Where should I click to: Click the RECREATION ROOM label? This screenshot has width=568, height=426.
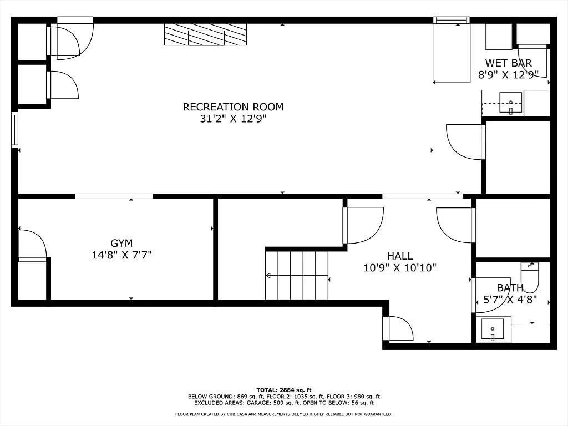click(x=233, y=107)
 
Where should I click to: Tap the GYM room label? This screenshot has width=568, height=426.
click(x=121, y=243)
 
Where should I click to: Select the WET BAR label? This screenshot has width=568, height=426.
click(x=508, y=63)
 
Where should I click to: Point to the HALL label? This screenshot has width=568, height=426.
click(x=399, y=256)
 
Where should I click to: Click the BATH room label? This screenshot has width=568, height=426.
click(x=510, y=288)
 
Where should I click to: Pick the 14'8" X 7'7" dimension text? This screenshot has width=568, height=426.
click(x=121, y=255)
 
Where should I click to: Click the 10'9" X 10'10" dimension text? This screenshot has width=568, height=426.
click(x=399, y=268)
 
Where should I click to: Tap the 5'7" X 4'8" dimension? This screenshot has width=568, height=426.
click(x=510, y=300)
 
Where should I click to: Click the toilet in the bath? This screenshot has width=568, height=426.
click(x=530, y=277)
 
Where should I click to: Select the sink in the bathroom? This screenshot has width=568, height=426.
click(x=493, y=330)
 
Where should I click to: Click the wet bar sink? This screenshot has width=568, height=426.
click(x=511, y=103)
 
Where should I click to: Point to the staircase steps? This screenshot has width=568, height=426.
click(x=297, y=275)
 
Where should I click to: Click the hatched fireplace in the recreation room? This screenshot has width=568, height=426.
click(x=205, y=34)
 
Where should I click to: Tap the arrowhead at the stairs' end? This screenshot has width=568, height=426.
click(x=268, y=276)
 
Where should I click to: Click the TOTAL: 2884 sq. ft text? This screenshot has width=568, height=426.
click(x=284, y=390)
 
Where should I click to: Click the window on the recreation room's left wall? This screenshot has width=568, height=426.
click(x=14, y=129)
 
